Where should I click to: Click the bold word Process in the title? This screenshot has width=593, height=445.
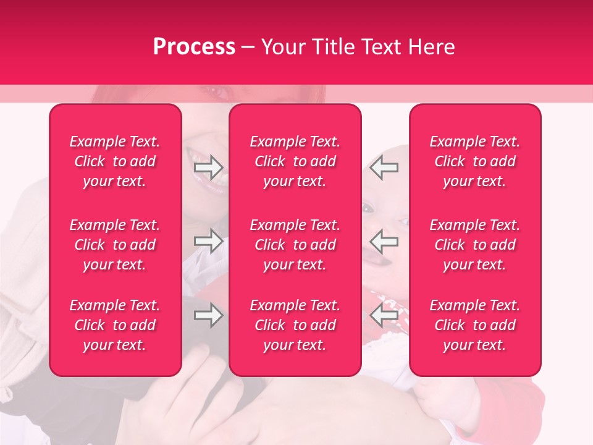coord(194,47)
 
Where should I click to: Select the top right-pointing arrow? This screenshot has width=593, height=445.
coord(209,167)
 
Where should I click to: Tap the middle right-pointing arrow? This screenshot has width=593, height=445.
coord(209,241)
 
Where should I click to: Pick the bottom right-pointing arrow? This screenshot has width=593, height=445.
coord(209,315)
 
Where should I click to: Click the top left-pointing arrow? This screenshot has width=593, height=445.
coord(384,167)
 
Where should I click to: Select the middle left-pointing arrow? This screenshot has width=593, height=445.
coord(384,241)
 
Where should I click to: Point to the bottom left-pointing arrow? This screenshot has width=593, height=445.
coord(384,315)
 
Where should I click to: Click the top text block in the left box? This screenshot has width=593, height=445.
coord(115,161)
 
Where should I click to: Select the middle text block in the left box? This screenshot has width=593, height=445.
coord(115,245)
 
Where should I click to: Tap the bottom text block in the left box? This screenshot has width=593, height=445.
coord(115,325)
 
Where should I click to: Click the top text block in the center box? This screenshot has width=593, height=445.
coord(295,161)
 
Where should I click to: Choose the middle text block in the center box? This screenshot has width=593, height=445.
coord(295,245)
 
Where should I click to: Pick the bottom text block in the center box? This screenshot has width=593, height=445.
coord(295,325)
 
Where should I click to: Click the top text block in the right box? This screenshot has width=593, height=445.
coord(475,161)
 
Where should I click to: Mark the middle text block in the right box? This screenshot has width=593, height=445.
coord(475,245)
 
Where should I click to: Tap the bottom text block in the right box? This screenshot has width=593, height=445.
coord(475,325)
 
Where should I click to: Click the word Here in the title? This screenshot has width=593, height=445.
coord(432,47)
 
